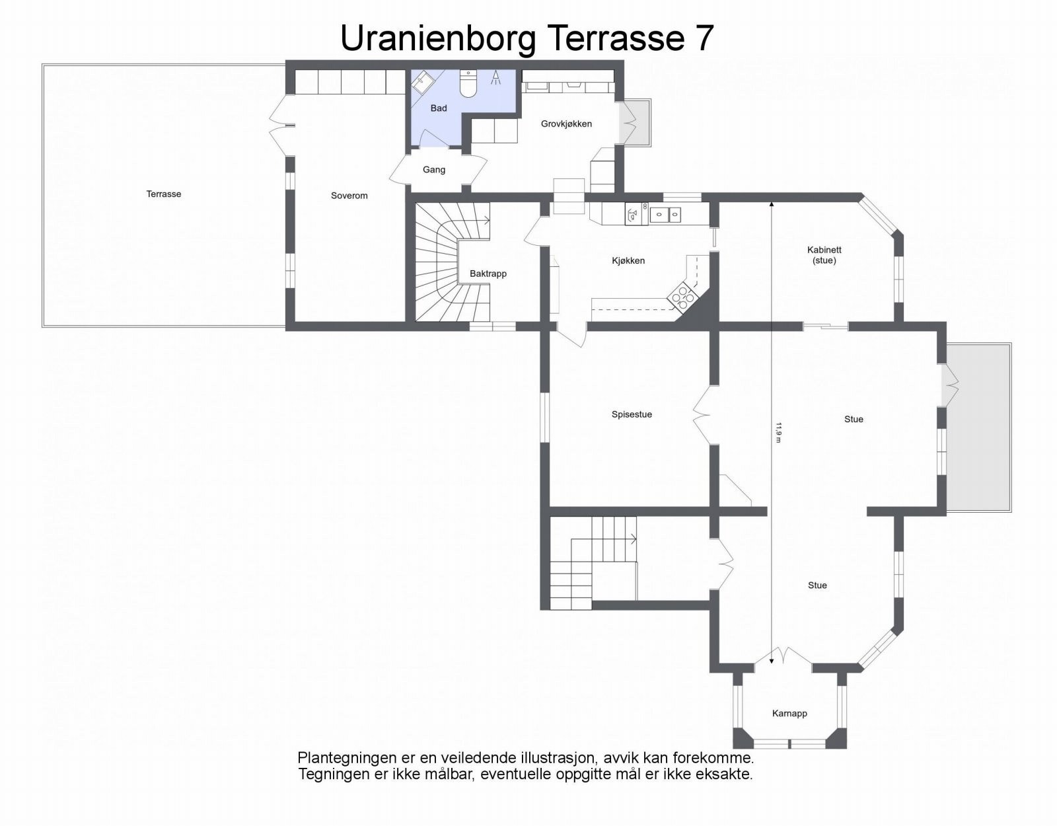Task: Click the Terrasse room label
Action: click(163, 194)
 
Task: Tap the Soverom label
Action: click(349, 196)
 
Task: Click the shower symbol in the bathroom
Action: click(495, 77)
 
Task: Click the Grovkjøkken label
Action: click(566, 124)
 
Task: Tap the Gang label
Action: click(433, 170)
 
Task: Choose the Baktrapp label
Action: click(488, 274)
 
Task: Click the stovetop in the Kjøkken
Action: click(684, 296)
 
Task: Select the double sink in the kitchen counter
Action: click(666, 213)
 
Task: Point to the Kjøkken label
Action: click(628, 261)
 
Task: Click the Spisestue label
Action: click(632, 414)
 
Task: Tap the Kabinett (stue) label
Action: click(824, 255)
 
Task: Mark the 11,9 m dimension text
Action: click(778, 432)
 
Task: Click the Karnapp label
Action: click(789, 714)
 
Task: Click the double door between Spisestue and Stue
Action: click(702, 415)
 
